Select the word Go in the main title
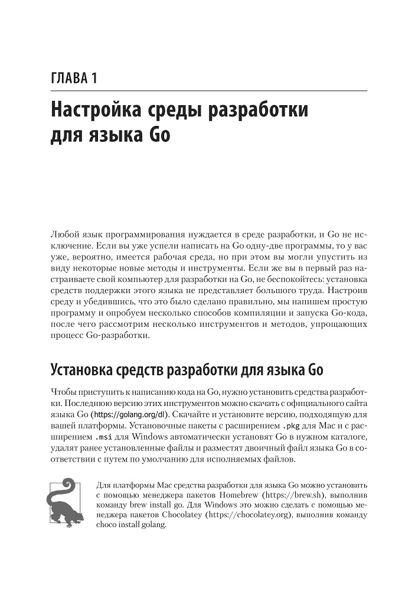click(x=156, y=137)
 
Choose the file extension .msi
click(x=106, y=437)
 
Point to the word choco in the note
click(x=106, y=527)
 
